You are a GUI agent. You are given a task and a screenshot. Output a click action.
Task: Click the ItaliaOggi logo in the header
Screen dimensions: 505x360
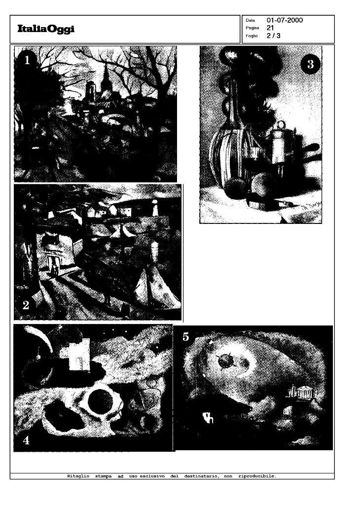pyautogui.click(x=46, y=30)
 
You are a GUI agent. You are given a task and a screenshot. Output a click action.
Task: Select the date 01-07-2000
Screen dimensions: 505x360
pyautogui.click(x=285, y=20)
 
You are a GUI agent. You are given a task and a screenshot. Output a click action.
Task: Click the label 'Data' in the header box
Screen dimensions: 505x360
pyautogui.click(x=250, y=21)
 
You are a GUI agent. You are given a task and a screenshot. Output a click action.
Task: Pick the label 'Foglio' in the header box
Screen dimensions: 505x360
pyautogui.click(x=251, y=36)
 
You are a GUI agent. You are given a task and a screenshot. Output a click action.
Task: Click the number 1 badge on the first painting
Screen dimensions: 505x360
pyautogui.click(x=27, y=60)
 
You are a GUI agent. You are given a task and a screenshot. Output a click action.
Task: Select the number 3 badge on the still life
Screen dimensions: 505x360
pyautogui.click(x=310, y=64)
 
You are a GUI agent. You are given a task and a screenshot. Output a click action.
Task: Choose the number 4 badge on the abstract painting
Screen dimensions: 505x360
pyautogui.click(x=26, y=441)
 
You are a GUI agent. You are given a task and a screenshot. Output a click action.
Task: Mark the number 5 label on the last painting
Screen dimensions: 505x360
pyautogui.click(x=185, y=337)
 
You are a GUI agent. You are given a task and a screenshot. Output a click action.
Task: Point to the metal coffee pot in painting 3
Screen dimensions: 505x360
pyautogui.click(x=280, y=145)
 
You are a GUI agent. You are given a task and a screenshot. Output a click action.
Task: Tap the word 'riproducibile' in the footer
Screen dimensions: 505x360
pyautogui.click(x=256, y=476)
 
